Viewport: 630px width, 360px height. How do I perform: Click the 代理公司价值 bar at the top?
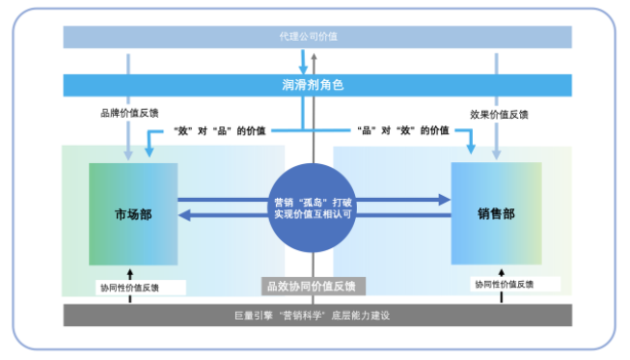tap(315, 37)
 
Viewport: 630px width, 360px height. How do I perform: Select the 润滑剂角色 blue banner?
tap(315, 84)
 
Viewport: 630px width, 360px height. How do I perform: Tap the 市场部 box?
tap(133, 214)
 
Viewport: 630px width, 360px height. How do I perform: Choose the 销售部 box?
tap(496, 213)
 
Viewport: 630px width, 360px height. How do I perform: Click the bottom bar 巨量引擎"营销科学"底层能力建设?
tap(315, 316)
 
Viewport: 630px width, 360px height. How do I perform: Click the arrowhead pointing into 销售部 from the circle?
tap(443, 200)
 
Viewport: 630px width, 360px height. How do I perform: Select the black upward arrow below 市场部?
tap(129, 272)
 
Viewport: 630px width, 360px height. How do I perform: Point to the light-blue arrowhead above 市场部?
tap(128, 154)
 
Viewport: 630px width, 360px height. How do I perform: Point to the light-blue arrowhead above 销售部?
tap(496, 154)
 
